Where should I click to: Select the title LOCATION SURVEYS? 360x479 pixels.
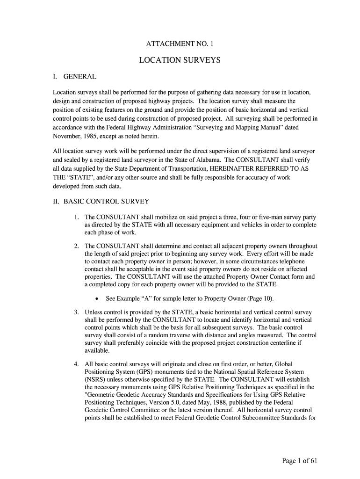pos(180,60)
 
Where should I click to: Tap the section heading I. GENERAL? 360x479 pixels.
pos(75,76)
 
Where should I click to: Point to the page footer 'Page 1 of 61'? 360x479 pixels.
pos(300,461)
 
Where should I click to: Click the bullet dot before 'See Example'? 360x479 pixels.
pos(96,299)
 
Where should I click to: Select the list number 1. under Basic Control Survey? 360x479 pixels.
pos(76,218)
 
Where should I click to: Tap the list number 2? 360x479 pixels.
pos(76,246)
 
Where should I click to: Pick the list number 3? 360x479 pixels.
pos(76,312)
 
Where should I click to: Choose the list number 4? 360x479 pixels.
pos(76,364)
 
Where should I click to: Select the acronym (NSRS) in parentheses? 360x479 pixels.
pos(95,379)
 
